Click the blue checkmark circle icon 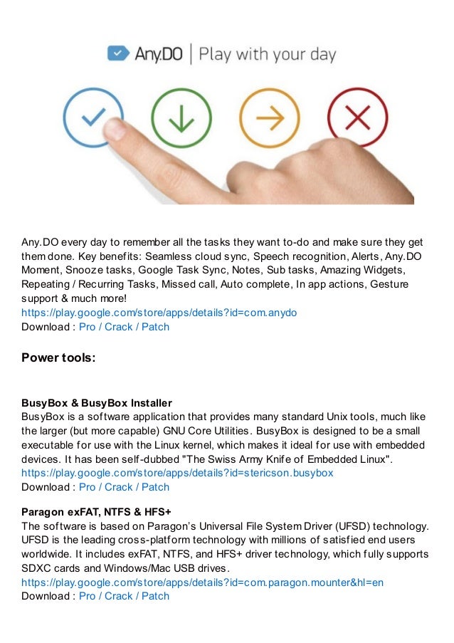93,118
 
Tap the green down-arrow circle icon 181,118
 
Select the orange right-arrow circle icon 268,118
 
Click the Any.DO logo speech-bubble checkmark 117,54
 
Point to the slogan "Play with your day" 268,55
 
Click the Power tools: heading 58,357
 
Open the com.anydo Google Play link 159,312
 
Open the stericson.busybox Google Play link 177,472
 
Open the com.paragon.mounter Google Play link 202,582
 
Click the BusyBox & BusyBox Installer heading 97,403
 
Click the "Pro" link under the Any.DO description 87,327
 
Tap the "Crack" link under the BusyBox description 119,487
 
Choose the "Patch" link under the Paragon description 155,596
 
